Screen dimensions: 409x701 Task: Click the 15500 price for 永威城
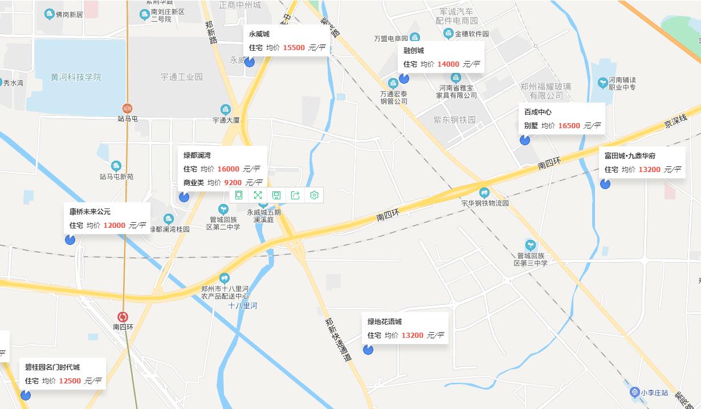tap(294, 48)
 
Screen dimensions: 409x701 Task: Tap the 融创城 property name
tap(414, 51)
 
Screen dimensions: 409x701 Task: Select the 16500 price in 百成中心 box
tap(569, 126)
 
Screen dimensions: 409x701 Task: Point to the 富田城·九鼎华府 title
tap(630, 156)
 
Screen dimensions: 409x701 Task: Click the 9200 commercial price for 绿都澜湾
tap(233, 183)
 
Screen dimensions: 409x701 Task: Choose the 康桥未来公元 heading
tap(90, 212)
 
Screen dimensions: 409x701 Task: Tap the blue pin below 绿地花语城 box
tap(368, 350)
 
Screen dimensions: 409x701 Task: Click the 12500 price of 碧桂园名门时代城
tap(70, 381)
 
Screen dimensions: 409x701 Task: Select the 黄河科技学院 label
tap(76, 77)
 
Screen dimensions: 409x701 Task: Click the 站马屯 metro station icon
tap(127, 108)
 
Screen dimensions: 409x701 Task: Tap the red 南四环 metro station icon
tap(123, 317)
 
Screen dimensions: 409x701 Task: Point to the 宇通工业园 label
tap(181, 76)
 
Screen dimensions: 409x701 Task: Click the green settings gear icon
tap(314, 195)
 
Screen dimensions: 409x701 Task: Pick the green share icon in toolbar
tap(295, 195)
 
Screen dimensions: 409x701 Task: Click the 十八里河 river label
tap(243, 306)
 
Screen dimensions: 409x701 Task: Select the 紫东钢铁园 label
tap(454, 120)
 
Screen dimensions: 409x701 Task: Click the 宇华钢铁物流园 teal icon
tap(484, 193)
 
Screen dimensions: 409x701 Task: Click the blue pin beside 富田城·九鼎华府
tap(605, 183)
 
